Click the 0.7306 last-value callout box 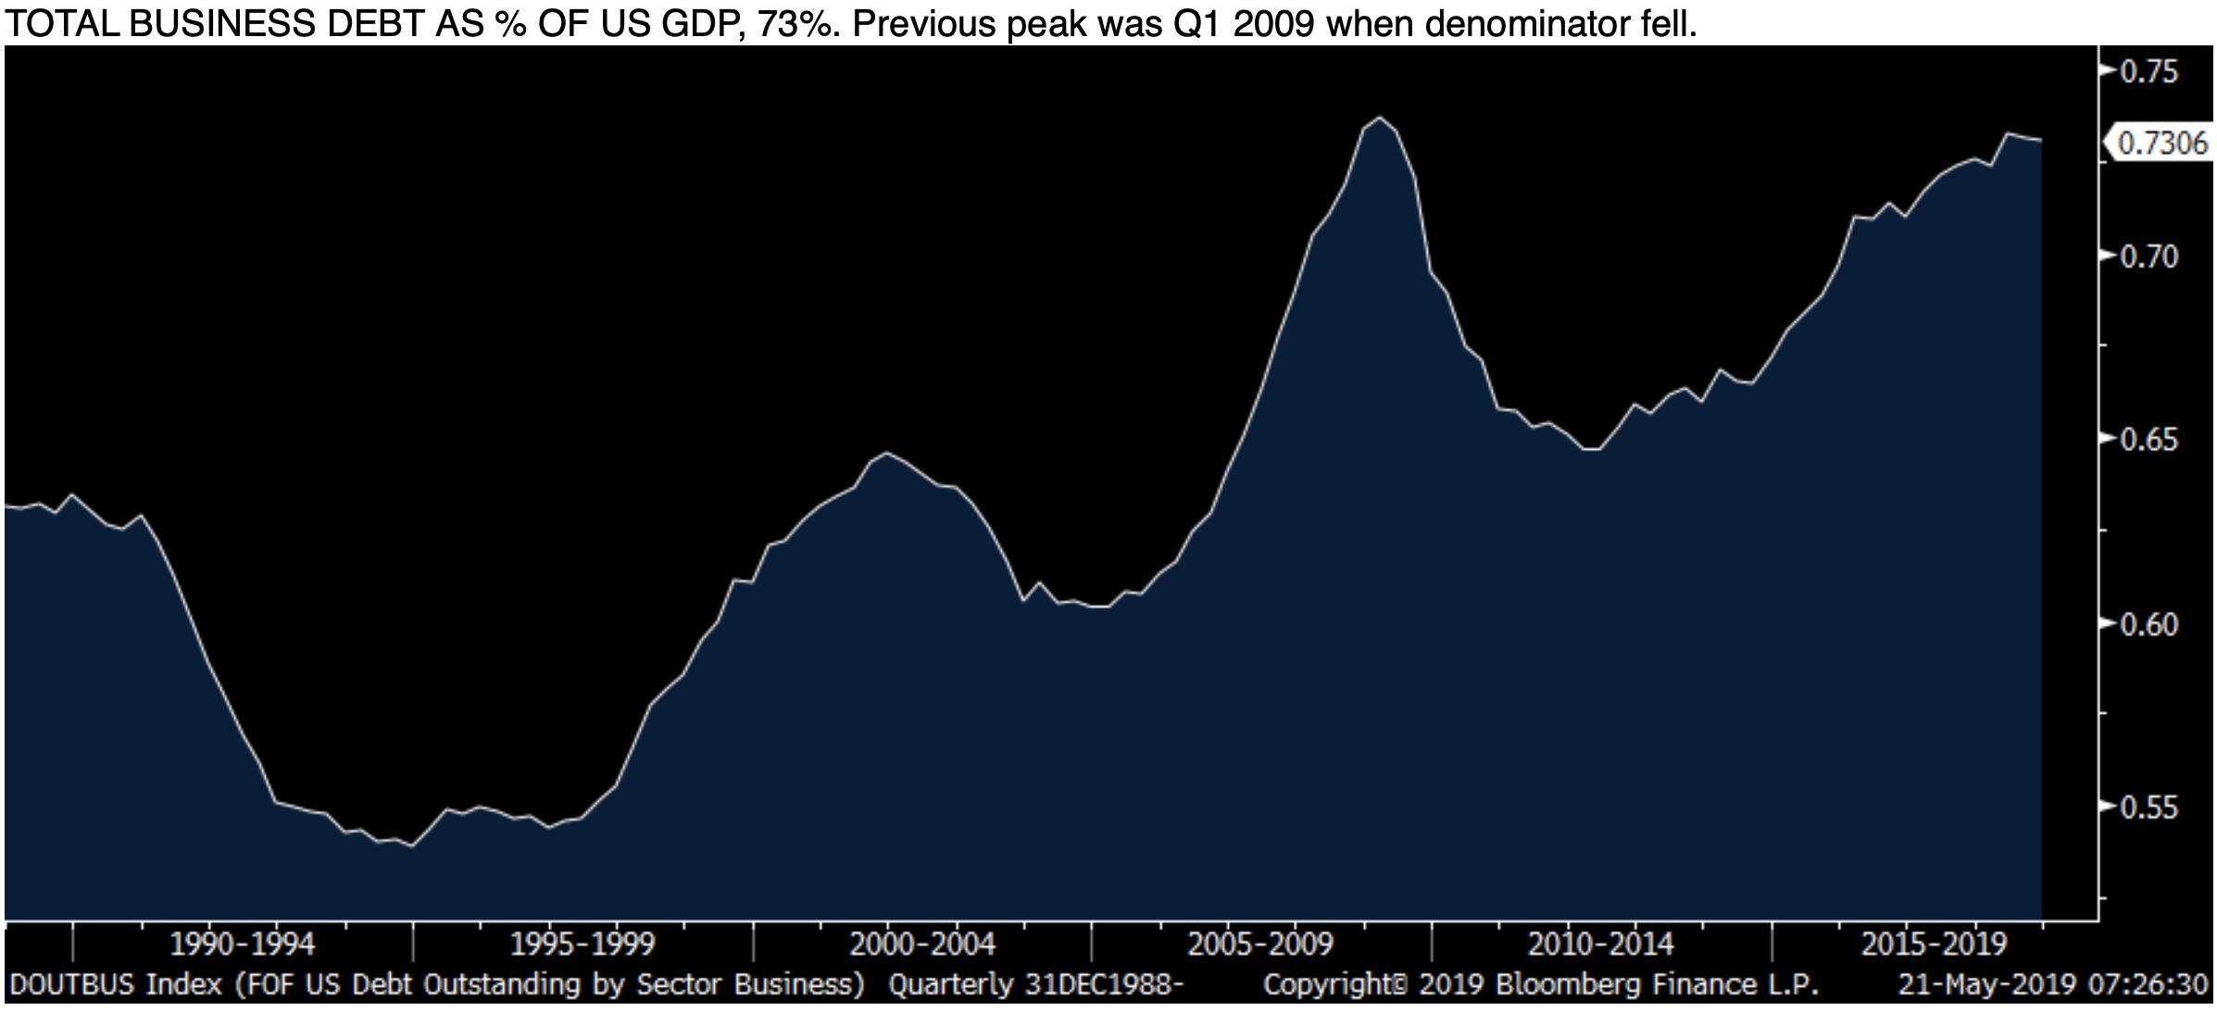click(x=2161, y=144)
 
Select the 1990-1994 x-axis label click(x=243, y=944)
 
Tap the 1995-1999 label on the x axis click(x=582, y=944)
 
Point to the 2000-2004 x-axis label click(x=922, y=944)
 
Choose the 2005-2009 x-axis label click(x=1260, y=944)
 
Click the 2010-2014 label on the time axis click(x=1601, y=944)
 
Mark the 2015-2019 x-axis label click(x=1935, y=944)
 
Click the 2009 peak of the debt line click(x=1381, y=118)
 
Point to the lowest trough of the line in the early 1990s click(x=412, y=845)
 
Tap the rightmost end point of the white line click(x=2041, y=140)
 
